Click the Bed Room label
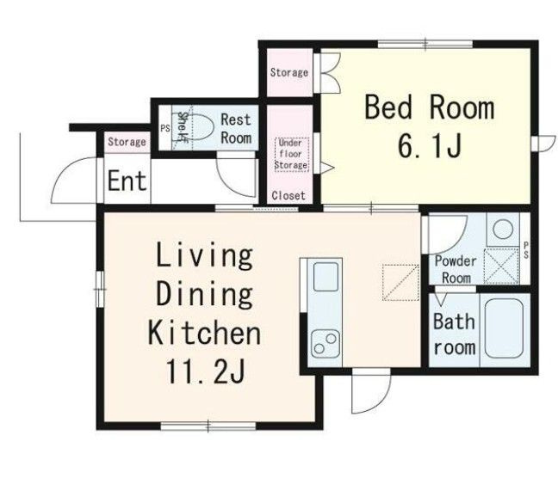(x=430, y=107)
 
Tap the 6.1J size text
(x=430, y=146)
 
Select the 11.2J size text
(x=205, y=371)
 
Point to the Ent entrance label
(x=127, y=181)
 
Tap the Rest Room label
(x=236, y=129)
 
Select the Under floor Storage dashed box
(x=291, y=155)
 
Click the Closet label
(x=288, y=195)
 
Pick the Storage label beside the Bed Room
(x=289, y=73)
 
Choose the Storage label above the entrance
(x=127, y=142)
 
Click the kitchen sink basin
(x=325, y=277)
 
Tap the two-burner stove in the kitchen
(x=325, y=344)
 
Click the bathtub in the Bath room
(x=503, y=328)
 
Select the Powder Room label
(x=456, y=269)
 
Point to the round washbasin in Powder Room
(x=503, y=230)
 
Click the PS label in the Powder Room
(x=526, y=250)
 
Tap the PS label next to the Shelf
(x=164, y=129)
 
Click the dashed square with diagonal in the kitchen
(x=400, y=283)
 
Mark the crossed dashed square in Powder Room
(x=501, y=267)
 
